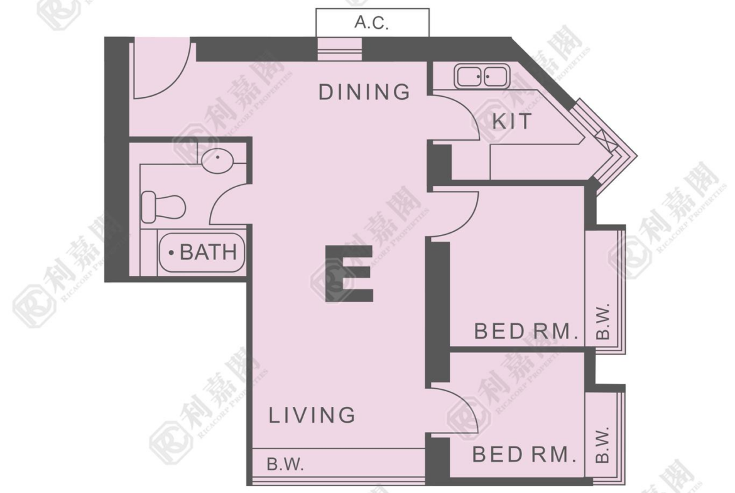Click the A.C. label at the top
pyautogui.click(x=372, y=23)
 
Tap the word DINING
pyautogui.click(x=364, y=92)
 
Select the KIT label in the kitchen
pyautogui.click(x=512, y=121)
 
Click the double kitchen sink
pyautogui.click(x=482, y=77)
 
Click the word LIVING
pyautogui.click(x=312, y=415)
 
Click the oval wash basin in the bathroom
pyautogui.click(x=217, y=161)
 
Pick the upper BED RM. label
pyautogui.click(x=526, y=332)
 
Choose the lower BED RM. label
pyautogui.click(x=524, y=455)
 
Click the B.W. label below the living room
pyautogui.click(x=285, y=464)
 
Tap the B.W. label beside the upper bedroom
pyautogui.click(x=603, y=321)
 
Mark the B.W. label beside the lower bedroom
pyautogui.click(x=603, y=444)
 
